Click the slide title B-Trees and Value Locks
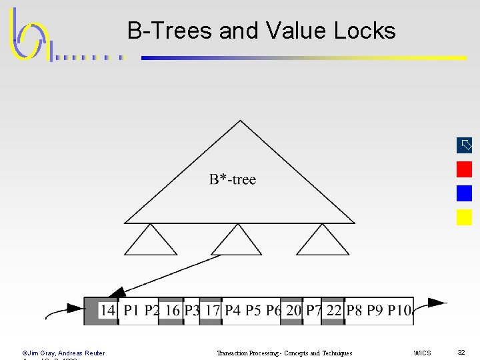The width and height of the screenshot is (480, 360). [261, 31]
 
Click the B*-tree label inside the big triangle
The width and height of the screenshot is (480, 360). [232, 179]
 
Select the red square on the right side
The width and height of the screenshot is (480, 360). [464, 169]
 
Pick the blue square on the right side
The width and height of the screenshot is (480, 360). [464, 193]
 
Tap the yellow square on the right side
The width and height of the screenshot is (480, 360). [464, 217]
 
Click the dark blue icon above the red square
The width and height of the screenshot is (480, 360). [464, 145]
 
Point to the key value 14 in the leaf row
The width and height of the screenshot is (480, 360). [108, 310]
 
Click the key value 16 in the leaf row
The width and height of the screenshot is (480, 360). [173, 310]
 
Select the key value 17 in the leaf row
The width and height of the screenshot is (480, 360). [213, 310]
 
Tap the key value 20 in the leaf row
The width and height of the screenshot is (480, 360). [293, 310]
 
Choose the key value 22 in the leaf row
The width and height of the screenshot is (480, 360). [334, 310]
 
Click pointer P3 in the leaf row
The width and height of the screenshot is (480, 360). [192, 310]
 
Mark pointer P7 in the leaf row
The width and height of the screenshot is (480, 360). [313, 310]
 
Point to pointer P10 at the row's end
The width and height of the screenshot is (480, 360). [399, 310]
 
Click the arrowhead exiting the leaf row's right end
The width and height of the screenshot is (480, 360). [437, 303]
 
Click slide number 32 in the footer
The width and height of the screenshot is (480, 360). [461, 352]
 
